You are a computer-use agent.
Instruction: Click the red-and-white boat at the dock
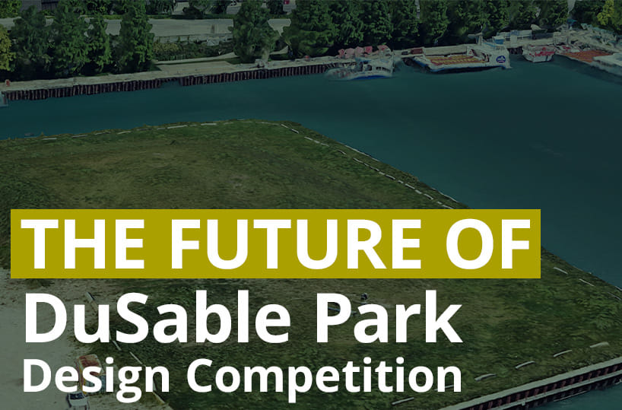pyautogui.click(x=538, y=54)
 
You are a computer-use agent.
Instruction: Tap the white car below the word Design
pyautogui.click(x=77, y=399)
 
